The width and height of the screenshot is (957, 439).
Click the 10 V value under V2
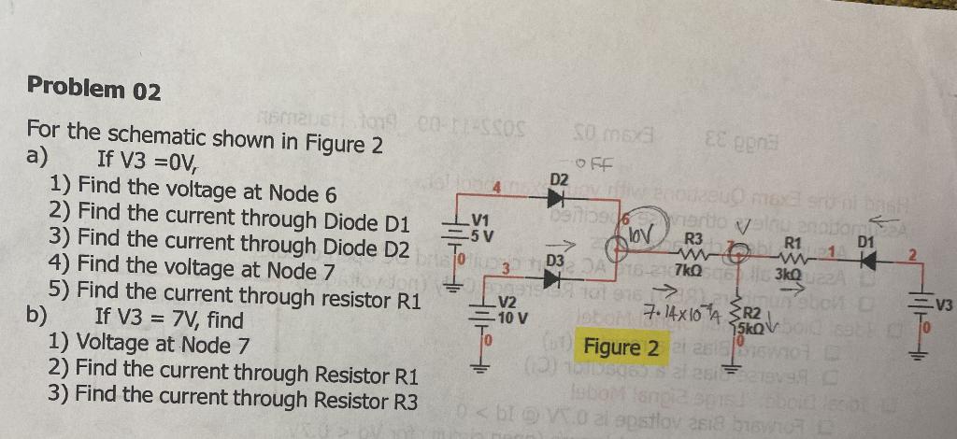pos(509,317)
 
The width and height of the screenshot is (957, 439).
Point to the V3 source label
pos(942,303)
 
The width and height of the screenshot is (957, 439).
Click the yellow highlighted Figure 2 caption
pos(621,349)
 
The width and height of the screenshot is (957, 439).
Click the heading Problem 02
pos(94,90)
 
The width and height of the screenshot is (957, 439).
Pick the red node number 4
pos(497,189)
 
